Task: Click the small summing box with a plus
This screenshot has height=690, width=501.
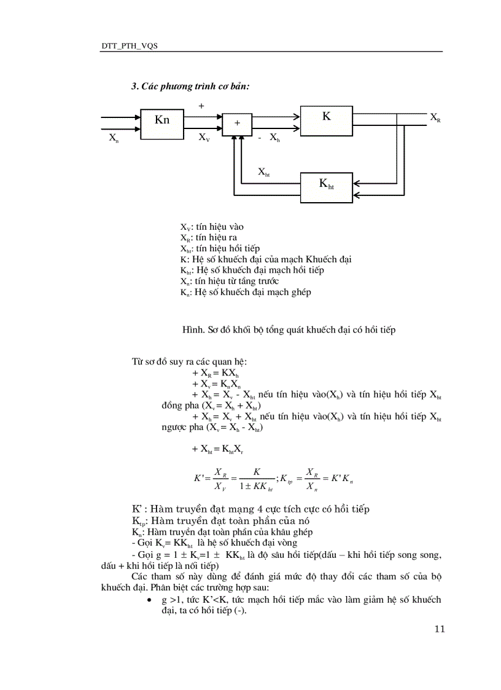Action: pyautogui.click(x=237, y=123)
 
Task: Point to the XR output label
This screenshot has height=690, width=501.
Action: pyautogui.click(x=435, y=117)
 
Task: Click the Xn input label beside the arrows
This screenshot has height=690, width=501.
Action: pyautogui.click(x=114, y=139)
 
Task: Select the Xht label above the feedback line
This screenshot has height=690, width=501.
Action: pyautogui.click(x=264, y=172)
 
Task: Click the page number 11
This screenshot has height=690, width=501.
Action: pyautogui.click(x=438, y=629)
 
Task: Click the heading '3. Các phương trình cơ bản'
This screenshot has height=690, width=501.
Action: pyautogui.click(x=190, y=87)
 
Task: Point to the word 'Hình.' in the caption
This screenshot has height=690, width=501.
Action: pyautogui.click(x=193, y=330)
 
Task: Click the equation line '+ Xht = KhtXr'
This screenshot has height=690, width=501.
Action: pyautogui.click(x=218, y=449)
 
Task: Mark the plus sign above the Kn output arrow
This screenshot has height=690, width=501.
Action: pyautogui.click(x=201, y=106)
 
